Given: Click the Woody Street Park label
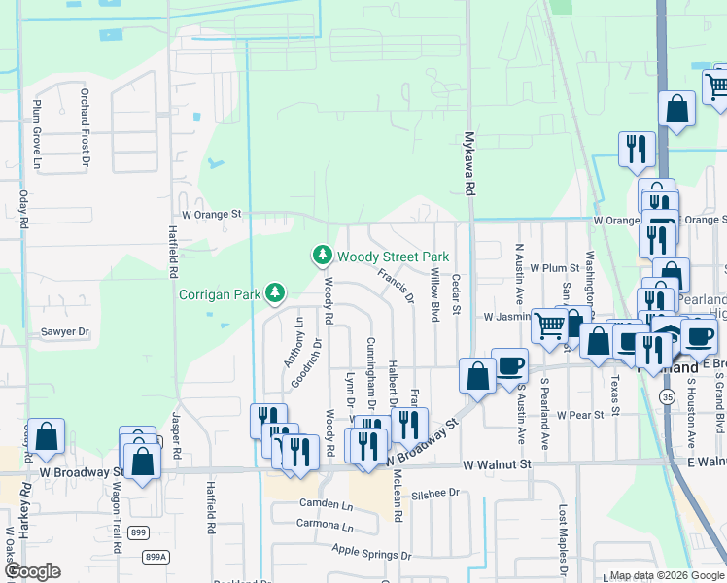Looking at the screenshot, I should (393, 257).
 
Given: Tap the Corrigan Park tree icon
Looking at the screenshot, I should (276, 291).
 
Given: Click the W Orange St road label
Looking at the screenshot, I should (211, 214).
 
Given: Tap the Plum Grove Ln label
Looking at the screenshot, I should (38, 122).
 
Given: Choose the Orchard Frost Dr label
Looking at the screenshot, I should (85, 121).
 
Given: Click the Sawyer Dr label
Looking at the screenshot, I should (64, 331).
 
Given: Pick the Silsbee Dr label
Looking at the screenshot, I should (434, 493).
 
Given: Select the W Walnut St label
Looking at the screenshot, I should (498, 465).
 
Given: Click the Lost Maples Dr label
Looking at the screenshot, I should (562, 544).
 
